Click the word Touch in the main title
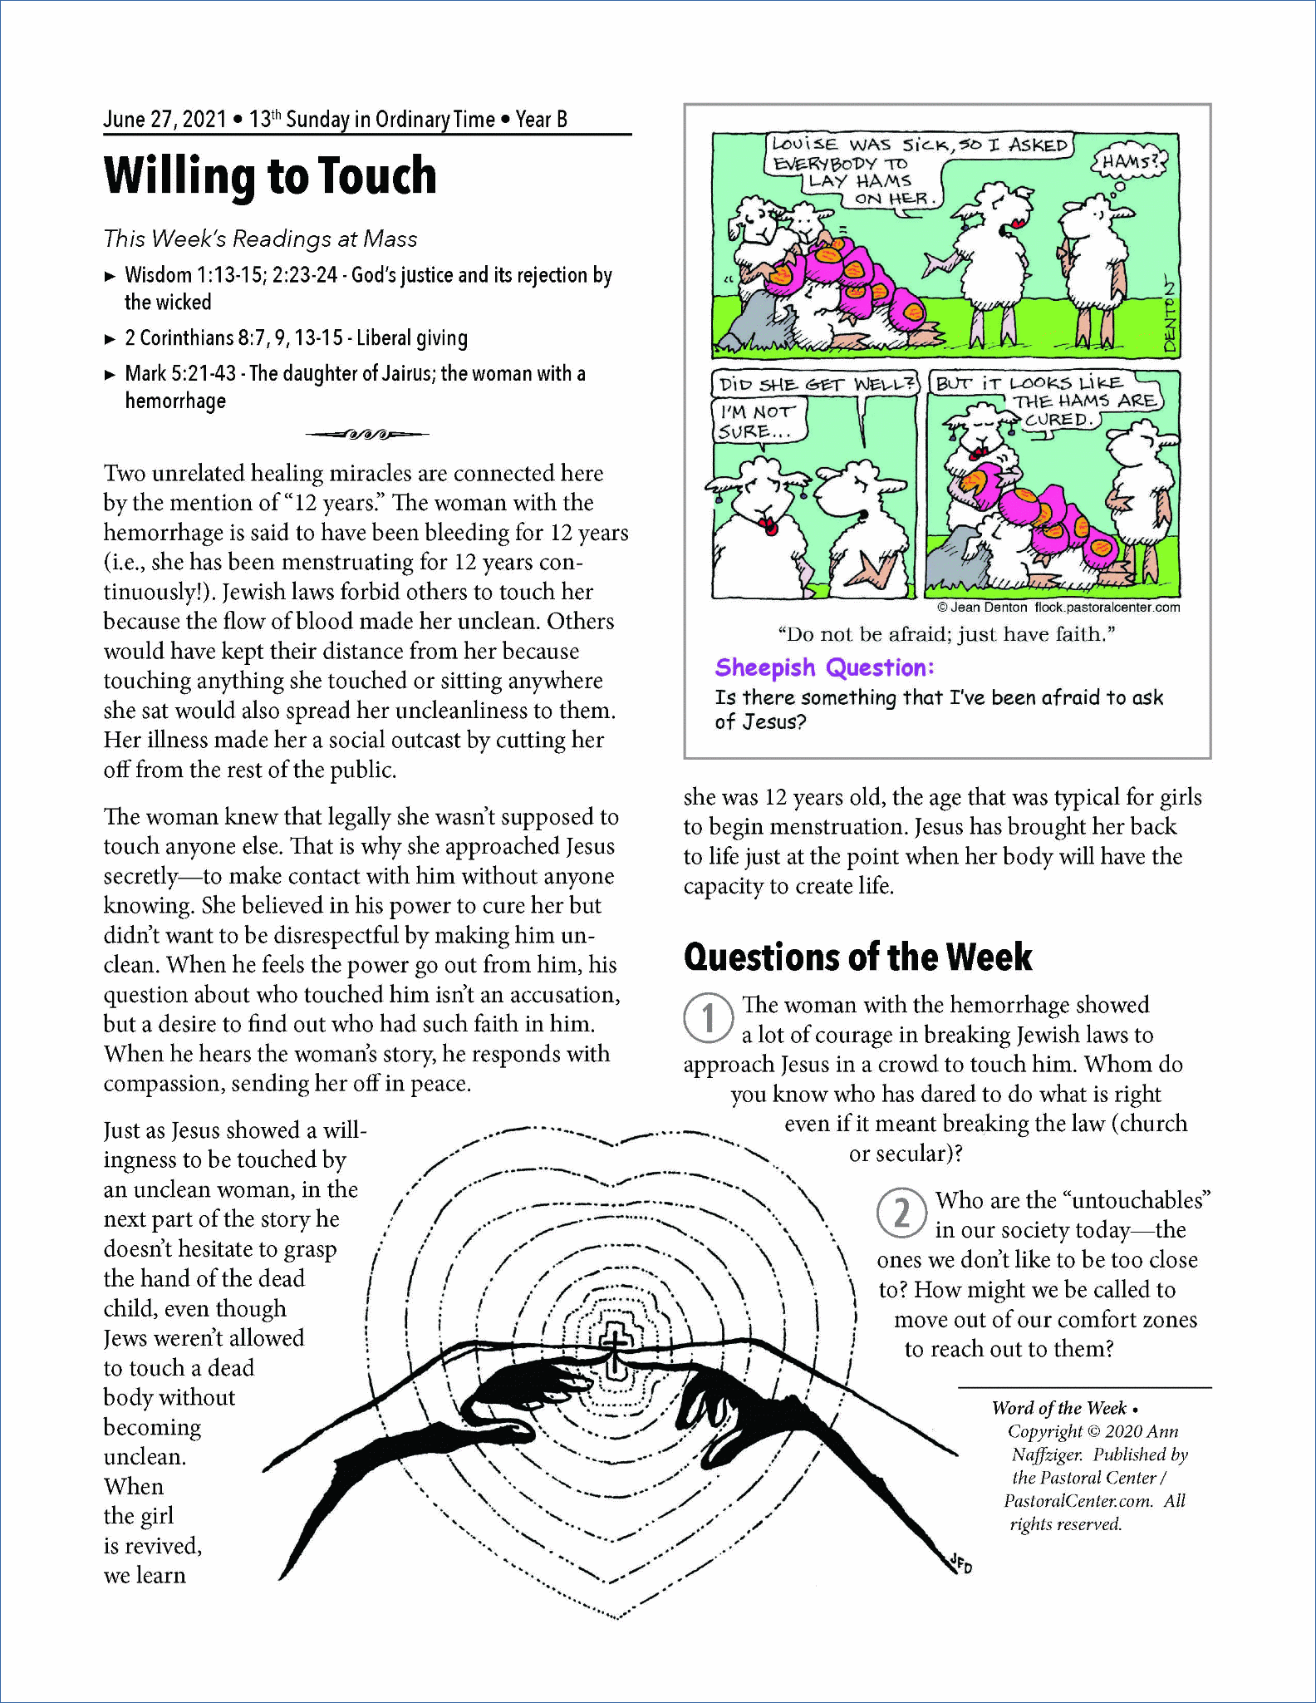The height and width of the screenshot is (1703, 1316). pyautogui.click(x=377, y=176)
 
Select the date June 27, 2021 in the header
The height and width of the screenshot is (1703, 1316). pyautogui.click(x=164, y=120)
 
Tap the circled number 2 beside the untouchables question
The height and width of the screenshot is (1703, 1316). pyautogui.click(x=901, y=1213)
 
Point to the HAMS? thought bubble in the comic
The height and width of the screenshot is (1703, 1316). pyautogui.click(x=1129, y=161)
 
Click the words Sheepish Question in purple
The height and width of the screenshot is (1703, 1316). pyautogui.click(x=824, y=667)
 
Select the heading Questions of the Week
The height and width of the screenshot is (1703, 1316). pyautogui.click(x=857, y=957)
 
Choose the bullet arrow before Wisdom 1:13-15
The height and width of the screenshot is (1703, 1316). pyautogui.click(x=110, y=276)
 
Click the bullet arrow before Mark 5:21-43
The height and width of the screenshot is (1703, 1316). pyautogui.click(x=110, y=375)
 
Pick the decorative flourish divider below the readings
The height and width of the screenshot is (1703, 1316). pyautogui.click(x=366, y=434)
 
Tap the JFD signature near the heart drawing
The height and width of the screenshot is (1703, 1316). pyautogui.click(x=961, y=1563)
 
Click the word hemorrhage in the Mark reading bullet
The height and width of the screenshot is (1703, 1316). pyautogui.click(x=175, y=401)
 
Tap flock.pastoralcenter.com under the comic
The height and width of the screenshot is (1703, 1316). pyautogui.click(x=1107, y=608)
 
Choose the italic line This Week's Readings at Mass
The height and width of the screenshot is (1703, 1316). pyautogui.click(x=260, y=239)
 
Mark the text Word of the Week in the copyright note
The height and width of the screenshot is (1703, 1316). pyautogui.click(x=1058, y=1408)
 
